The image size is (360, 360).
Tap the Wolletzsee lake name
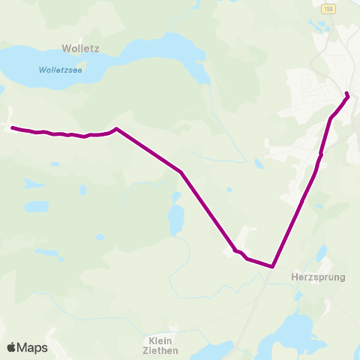tap(61, 70)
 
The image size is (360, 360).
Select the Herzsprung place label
tap(317, 277)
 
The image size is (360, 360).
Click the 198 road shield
tap(328, 7)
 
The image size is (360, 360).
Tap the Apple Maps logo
tap(28, 347)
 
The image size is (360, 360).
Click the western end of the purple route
tap(12, 128)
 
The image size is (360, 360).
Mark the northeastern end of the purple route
tap(347, 94)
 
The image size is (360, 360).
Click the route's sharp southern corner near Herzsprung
tap(273, 266)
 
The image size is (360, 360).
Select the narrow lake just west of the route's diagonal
tap(176, 218)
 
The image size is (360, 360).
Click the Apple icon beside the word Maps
tap(11, 347)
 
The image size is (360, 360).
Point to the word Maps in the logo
tap(33, 347)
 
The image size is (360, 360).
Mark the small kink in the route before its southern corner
tap(237, 251)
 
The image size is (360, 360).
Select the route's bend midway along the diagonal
tap(181, 172)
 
